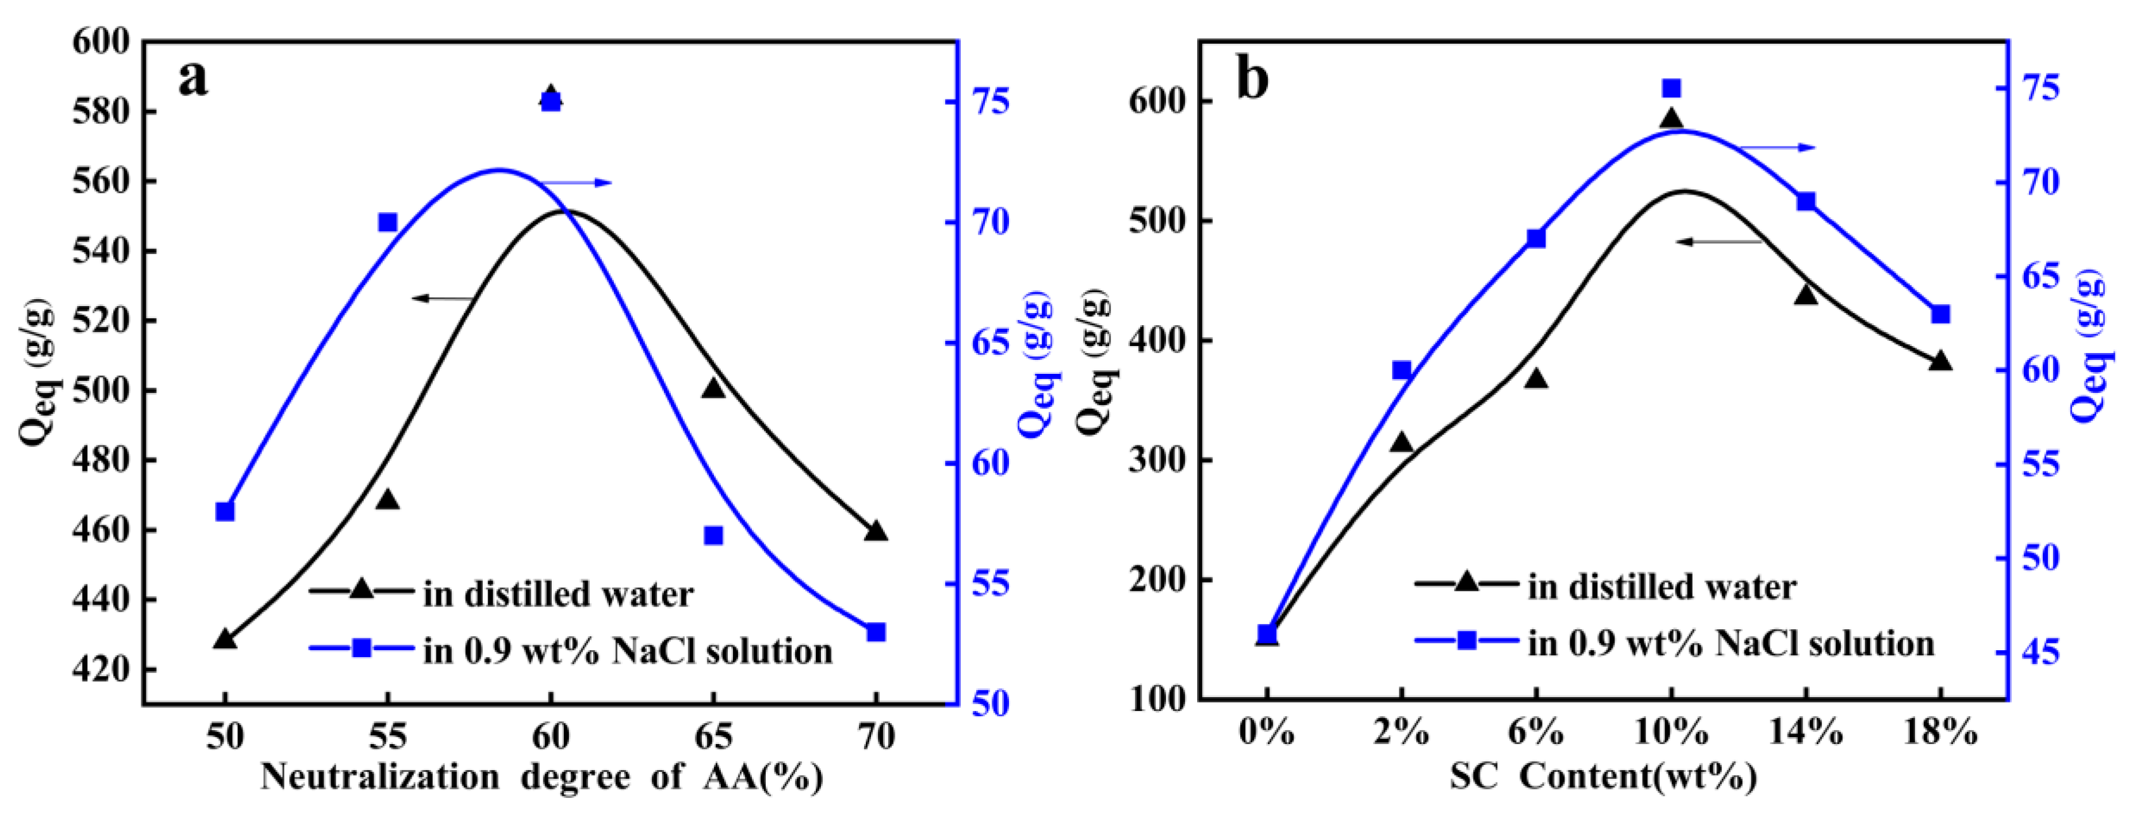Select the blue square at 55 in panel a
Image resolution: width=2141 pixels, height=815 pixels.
tap(387, 223)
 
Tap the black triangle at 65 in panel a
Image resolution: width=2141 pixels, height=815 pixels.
tap(713, 388)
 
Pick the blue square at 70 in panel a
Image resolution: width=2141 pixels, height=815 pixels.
tap(876, 632)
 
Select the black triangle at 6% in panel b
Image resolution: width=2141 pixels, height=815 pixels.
tap(1536, 379)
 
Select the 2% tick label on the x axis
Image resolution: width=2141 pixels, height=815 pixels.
tap(1401, 733)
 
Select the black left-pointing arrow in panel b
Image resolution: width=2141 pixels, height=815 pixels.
tap(1719, 241)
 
